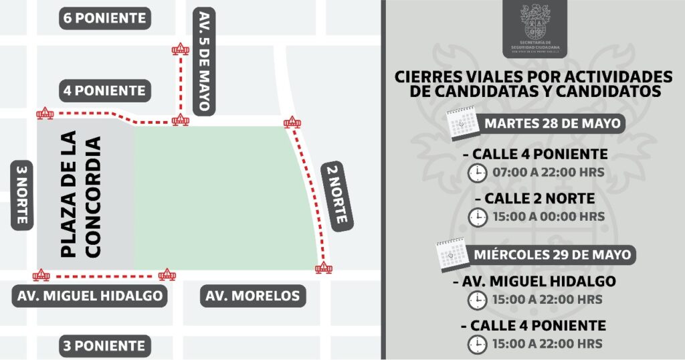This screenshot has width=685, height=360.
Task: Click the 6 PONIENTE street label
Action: coord(104,18)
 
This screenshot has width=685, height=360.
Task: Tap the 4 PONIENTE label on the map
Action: coord(104,90)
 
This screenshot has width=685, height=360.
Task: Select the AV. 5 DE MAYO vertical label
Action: coord(204,61)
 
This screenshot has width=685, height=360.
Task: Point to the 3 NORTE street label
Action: coord(21,195)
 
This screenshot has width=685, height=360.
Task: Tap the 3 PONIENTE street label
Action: coord(104,346)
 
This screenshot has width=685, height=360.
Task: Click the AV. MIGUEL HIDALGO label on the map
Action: coord(88,296)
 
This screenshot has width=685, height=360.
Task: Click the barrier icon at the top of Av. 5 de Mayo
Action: coord(179,49)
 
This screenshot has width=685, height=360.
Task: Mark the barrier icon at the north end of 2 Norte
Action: coord(292,122)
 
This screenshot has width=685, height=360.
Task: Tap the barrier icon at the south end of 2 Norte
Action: coord(324,268)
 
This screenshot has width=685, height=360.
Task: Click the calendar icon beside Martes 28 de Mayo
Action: coord(460,124)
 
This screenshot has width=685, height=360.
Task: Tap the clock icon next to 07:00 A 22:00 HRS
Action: coord(477,173)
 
